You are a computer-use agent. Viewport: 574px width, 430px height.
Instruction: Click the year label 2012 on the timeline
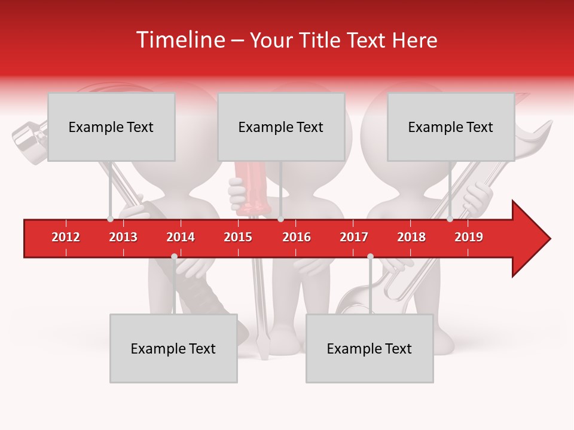coord(66,237)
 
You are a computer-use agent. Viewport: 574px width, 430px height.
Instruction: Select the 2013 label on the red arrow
coord(123,237)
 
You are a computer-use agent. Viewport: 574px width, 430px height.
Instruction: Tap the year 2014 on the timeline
coord(181,237)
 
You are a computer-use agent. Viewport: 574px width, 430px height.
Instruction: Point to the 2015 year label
coord(238,237)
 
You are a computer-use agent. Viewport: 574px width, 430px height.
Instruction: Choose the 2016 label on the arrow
coord(297,237)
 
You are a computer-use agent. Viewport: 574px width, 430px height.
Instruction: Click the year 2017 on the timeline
coord(354,237)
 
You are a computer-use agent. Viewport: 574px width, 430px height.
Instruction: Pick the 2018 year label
coord(411,237)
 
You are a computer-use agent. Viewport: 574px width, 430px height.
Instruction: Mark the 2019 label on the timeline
coord(469,237)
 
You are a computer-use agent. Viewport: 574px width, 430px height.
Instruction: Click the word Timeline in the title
coord(179,40)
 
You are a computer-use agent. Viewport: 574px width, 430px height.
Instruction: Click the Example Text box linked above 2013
coord(111,127)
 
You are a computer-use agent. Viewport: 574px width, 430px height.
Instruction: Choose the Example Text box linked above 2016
coord(281,127)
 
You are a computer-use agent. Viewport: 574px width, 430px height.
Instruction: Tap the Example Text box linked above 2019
coord(451,127)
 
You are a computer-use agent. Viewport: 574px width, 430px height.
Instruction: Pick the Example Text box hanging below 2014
coord(173,348)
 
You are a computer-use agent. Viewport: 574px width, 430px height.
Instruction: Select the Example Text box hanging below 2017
coord(370,348)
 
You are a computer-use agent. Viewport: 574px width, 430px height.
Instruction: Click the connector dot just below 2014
coord(174,257)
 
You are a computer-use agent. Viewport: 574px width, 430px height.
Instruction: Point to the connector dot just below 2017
coord(370,257)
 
